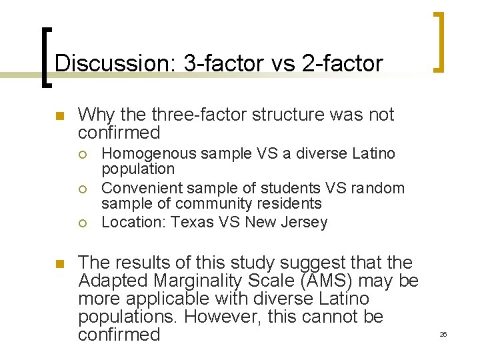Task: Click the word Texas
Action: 191,222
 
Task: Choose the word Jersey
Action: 305,222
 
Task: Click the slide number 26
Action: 443,334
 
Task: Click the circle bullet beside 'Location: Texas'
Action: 81,222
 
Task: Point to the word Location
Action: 133,222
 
